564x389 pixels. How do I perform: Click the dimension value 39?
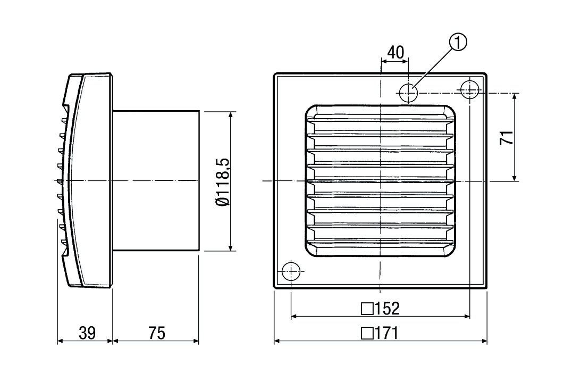coord(87,333)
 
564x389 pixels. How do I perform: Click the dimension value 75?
coord(156,333)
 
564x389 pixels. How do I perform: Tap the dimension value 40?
coord(395,52)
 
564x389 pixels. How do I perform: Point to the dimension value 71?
coord(507,137)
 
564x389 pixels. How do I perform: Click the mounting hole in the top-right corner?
coord(469,89)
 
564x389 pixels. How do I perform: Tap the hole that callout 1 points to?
coord(409,93)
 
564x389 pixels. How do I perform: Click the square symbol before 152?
coord(366,309)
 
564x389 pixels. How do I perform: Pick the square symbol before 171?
coord(366,334)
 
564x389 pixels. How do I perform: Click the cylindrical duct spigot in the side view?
coord(155,181)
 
